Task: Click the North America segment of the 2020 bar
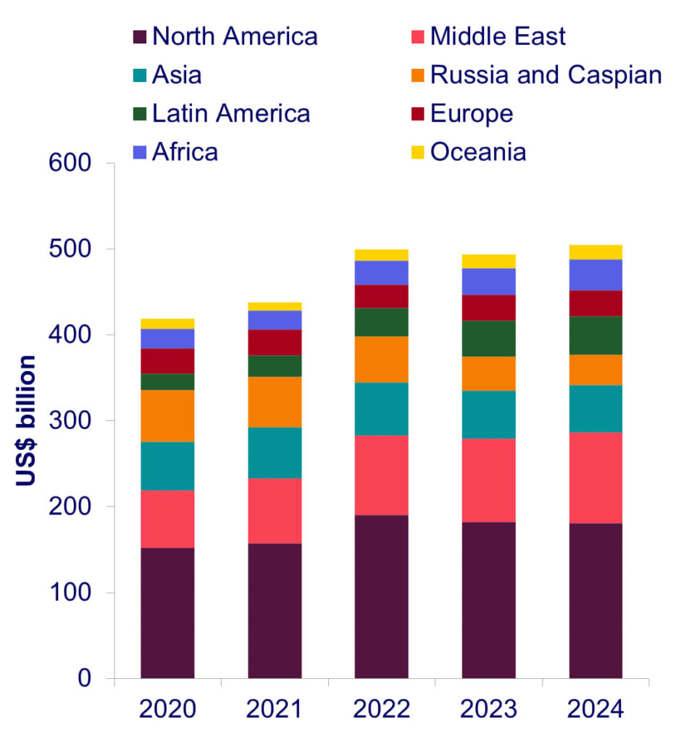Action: point(167,612)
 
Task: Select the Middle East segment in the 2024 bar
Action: point(596,478)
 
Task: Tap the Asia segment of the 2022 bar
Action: point(381,409)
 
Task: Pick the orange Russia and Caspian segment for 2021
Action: point(275,401)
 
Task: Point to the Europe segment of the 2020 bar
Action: point(167,361)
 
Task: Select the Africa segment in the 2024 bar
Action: point(596,275)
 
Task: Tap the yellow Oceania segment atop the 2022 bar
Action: point(381,254)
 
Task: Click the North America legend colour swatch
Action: point(140,36)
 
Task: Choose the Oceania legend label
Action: point(478,152)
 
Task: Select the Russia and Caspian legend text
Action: point(546,75)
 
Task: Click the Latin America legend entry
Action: point(231,114)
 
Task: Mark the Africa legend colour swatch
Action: point(140,152)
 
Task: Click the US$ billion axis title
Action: point(27,420)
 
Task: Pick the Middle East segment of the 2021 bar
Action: point(275,510)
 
